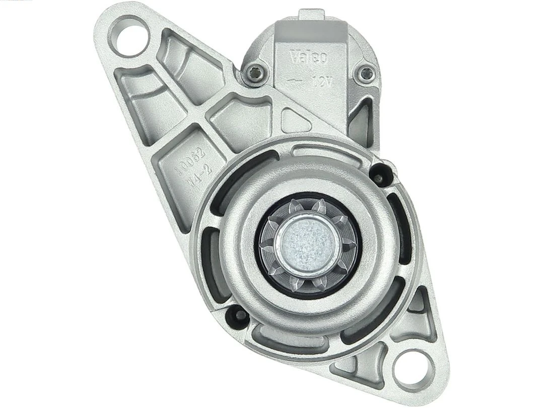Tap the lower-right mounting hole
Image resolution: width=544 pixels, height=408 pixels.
coord(414,369)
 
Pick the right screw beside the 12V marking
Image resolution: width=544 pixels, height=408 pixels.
coord(364,74)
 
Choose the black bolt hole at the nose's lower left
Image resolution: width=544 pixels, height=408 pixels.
coord(237,316)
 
